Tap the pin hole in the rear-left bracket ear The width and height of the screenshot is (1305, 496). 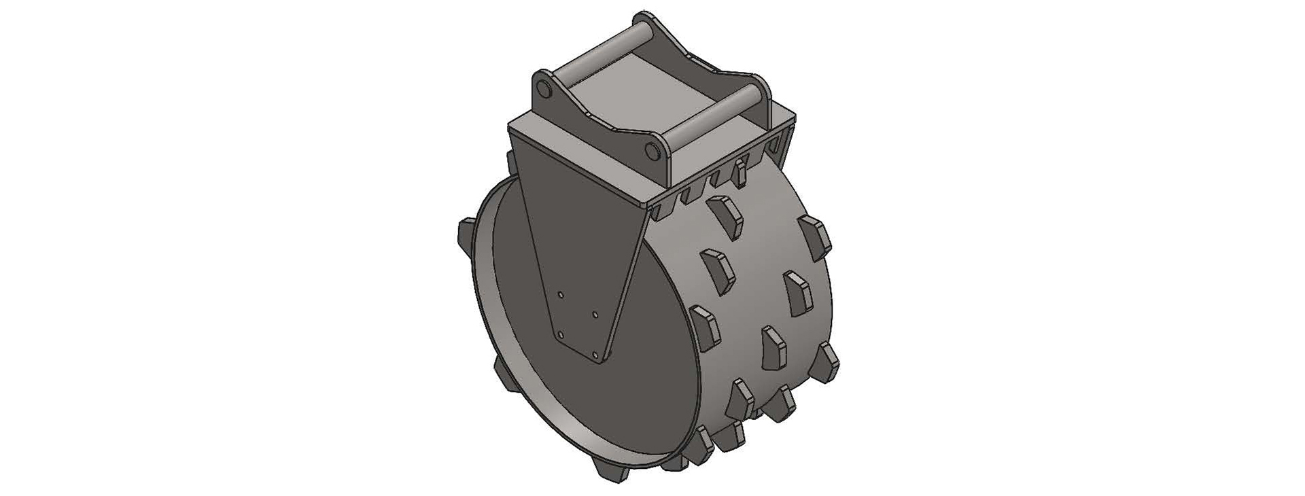pos(541,89)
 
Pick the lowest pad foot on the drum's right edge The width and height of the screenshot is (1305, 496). pos(825,360)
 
